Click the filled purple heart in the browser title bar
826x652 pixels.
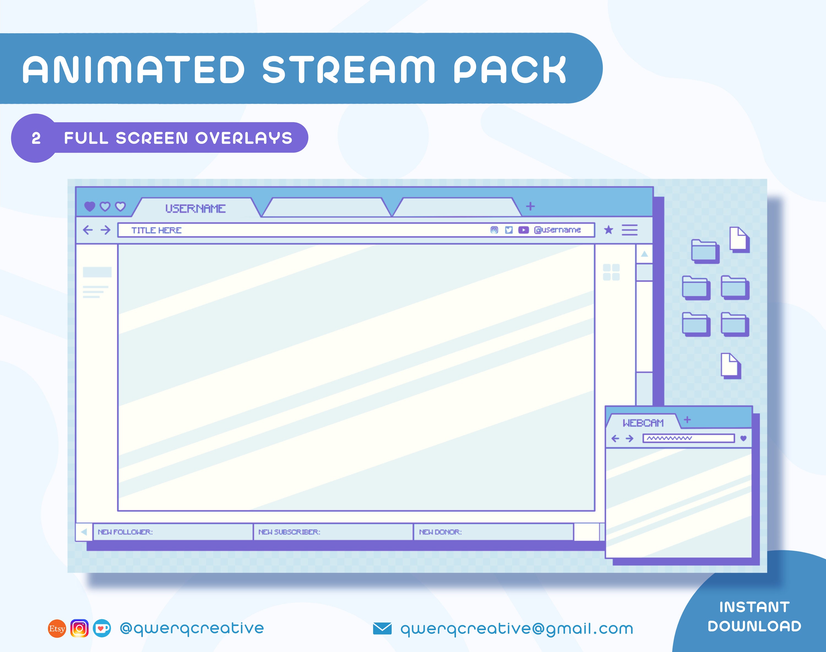89,206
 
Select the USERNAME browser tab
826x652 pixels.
195,208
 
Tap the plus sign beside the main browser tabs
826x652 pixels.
530,206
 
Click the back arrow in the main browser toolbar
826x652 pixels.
88,230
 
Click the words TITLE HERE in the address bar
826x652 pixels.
156,230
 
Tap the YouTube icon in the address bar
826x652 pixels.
523,230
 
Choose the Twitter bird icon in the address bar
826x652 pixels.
509,230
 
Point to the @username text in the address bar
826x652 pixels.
557,230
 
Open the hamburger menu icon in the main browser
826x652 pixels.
630,230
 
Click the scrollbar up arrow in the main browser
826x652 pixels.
644,254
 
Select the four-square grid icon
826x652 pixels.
611,272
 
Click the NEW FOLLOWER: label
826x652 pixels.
125,532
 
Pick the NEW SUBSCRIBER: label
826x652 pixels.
289,532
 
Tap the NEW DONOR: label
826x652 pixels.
441,532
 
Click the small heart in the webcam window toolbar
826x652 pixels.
743,438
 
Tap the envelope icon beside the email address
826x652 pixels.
382,628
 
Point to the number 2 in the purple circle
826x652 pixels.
36,138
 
